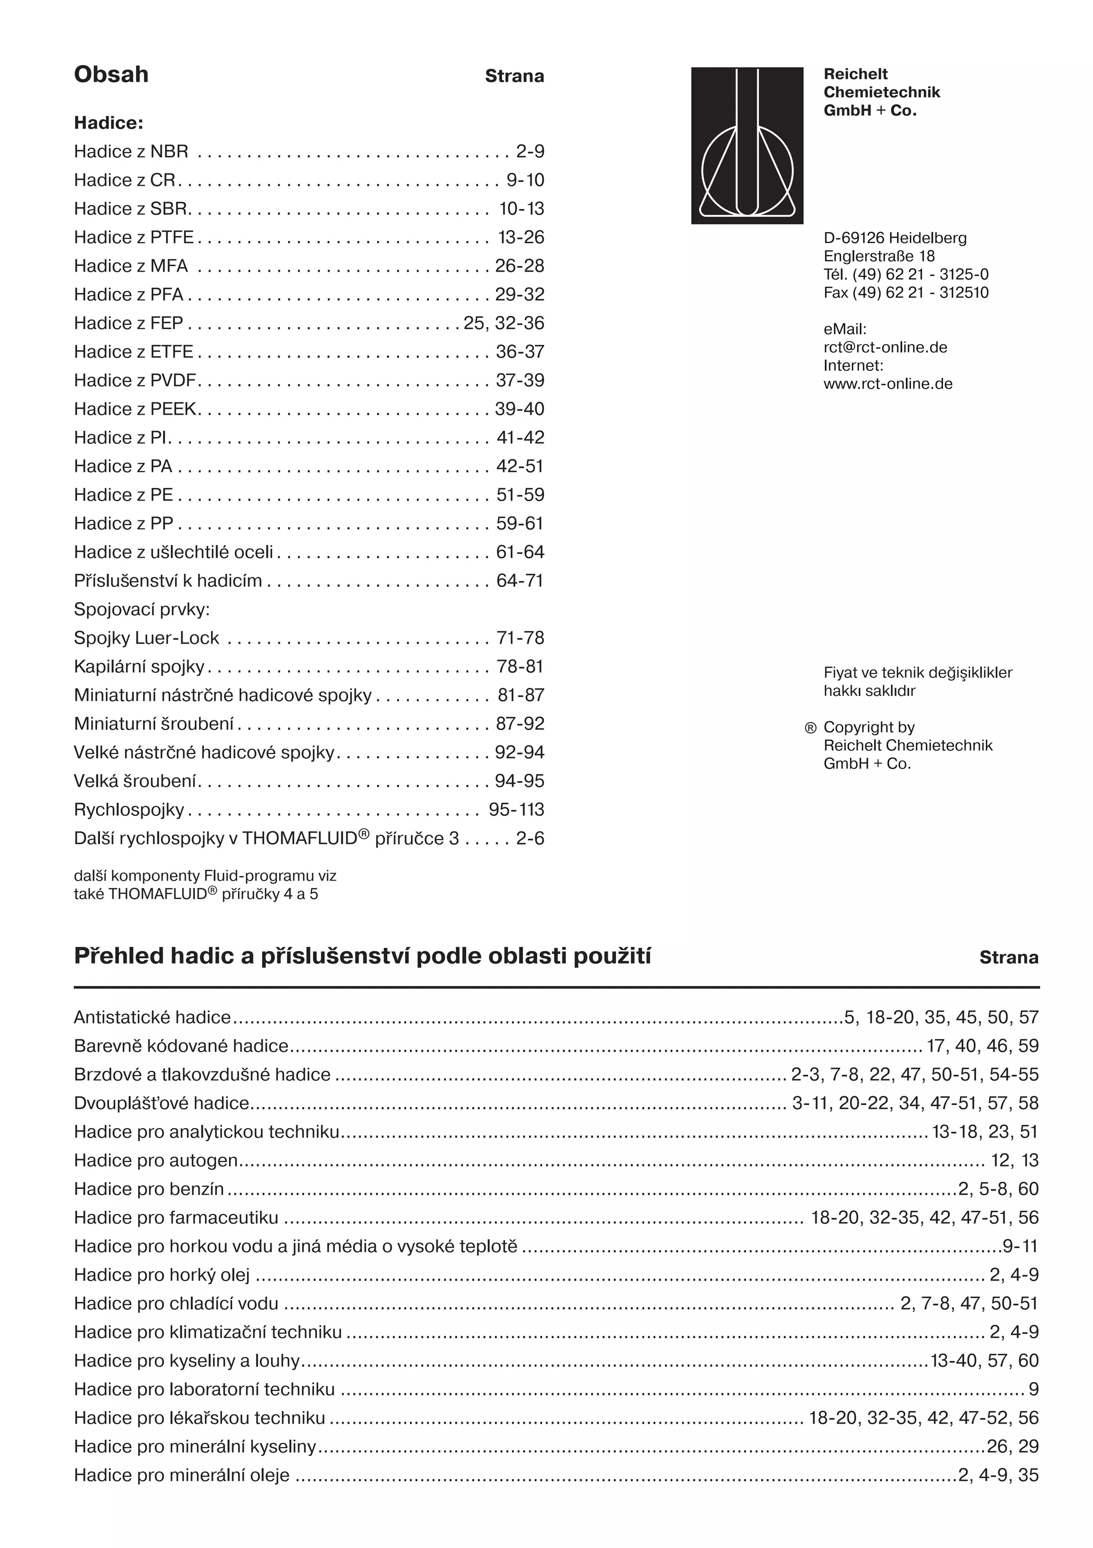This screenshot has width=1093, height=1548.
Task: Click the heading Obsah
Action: (x=111, y=74)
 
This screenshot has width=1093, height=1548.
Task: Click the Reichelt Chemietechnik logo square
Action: (x=747, y=146)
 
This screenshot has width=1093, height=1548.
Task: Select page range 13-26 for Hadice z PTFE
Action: (x=520, y=237)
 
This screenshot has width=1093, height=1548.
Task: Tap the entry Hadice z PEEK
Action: (x=136, y=409)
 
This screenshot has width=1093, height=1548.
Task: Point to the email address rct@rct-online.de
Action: (x=885, y=347)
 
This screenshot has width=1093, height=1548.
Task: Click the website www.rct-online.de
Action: (x=888, y=384)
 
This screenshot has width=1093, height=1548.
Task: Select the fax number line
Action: (x=906, y=292)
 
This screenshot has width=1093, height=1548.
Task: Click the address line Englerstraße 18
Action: (x=878, y=256)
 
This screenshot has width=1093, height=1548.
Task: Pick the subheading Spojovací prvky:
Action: (x=141, y=609)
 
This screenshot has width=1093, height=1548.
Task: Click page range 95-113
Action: (x=516, y=809)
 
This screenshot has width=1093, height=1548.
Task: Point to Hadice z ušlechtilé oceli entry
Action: (x=173, y=552)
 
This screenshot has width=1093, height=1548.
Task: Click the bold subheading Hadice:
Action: (x=108, y=123)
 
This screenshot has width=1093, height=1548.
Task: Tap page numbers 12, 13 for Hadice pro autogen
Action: (x=1014, y=1160)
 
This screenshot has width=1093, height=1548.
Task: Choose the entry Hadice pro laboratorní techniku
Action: (x=204, y=1390)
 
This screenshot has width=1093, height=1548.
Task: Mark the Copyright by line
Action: (x=868, y=727)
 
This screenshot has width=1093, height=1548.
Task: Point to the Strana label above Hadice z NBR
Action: (x=514, y=76)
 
